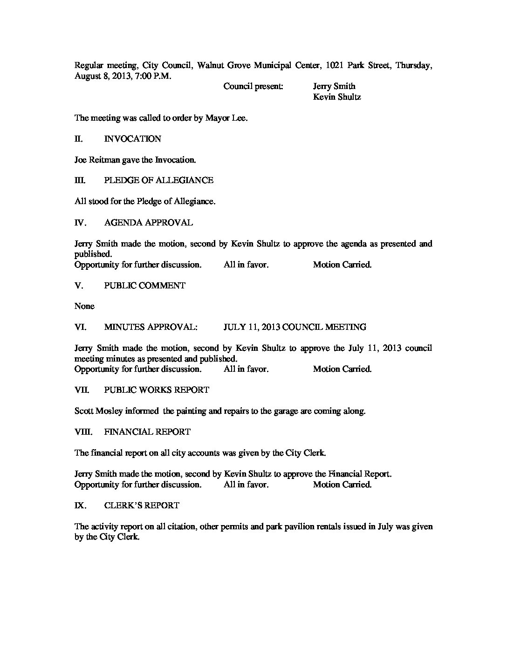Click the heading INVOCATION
coord(132,139)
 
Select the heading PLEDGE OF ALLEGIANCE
coord(158,180)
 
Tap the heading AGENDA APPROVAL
coord(148,223)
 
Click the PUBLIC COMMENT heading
coord(144,286)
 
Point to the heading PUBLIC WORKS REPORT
coord(157,390)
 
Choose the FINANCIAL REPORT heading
coord(147,432)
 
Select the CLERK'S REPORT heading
coord(142,506)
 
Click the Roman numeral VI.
coord(80,327)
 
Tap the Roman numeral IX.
coord(80,506)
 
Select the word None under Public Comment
coord(84,306)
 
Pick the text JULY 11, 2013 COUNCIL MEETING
coord(295,327)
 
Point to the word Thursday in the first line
coord(413,66)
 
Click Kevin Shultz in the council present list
coord(337,97)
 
